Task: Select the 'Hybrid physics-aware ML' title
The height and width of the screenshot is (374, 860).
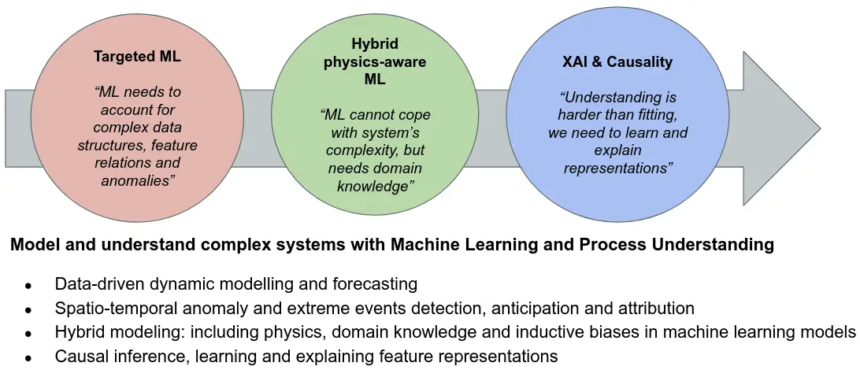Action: pos(375,62)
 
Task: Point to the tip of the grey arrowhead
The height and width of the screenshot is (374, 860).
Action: pos(819,128)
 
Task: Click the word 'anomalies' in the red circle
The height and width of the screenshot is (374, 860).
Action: pos(138,181)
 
